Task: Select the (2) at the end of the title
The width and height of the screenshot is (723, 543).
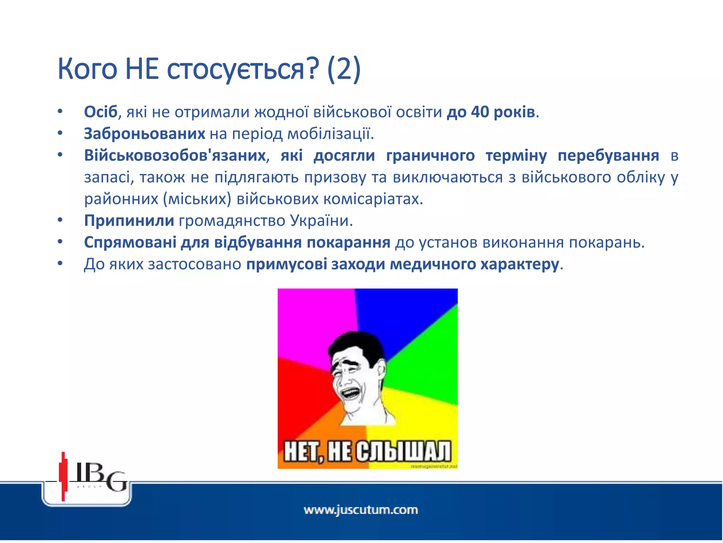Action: (x=344, y=69)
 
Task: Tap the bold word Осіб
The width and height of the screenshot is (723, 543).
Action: (x=100, y=112)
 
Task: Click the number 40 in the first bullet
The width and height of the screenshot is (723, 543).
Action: (x=480, y=112)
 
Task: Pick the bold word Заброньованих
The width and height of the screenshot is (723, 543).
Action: (x=144, y=134)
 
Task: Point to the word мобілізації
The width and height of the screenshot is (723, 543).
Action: (x=330, y=134)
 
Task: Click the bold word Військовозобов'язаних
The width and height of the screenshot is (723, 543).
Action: (x=175, y=156)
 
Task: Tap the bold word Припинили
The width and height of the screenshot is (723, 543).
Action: (x=129, y=221)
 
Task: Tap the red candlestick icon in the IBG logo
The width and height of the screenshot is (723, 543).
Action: (x=63, y=476)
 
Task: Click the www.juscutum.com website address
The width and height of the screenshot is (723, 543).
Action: (x=361, y=510)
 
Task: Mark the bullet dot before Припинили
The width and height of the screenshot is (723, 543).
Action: (x=60, y=221)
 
